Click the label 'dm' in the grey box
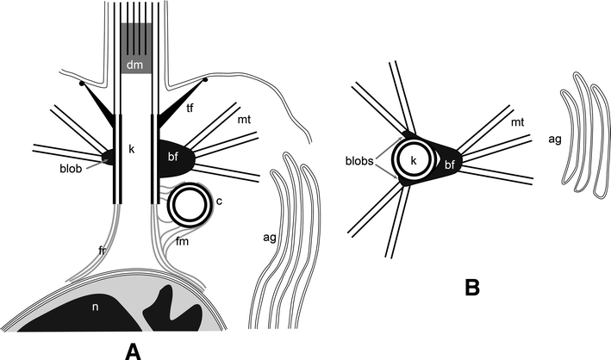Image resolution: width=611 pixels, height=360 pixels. click(135, 63)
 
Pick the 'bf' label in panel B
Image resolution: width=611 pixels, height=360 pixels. click(449, 163)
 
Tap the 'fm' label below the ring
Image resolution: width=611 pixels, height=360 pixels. click(183, 245)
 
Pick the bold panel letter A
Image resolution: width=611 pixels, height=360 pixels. click(132, 347)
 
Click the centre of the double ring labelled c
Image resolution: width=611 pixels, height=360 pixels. click(189, 205)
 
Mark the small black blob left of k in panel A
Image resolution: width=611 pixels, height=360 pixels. click(109, 157)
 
